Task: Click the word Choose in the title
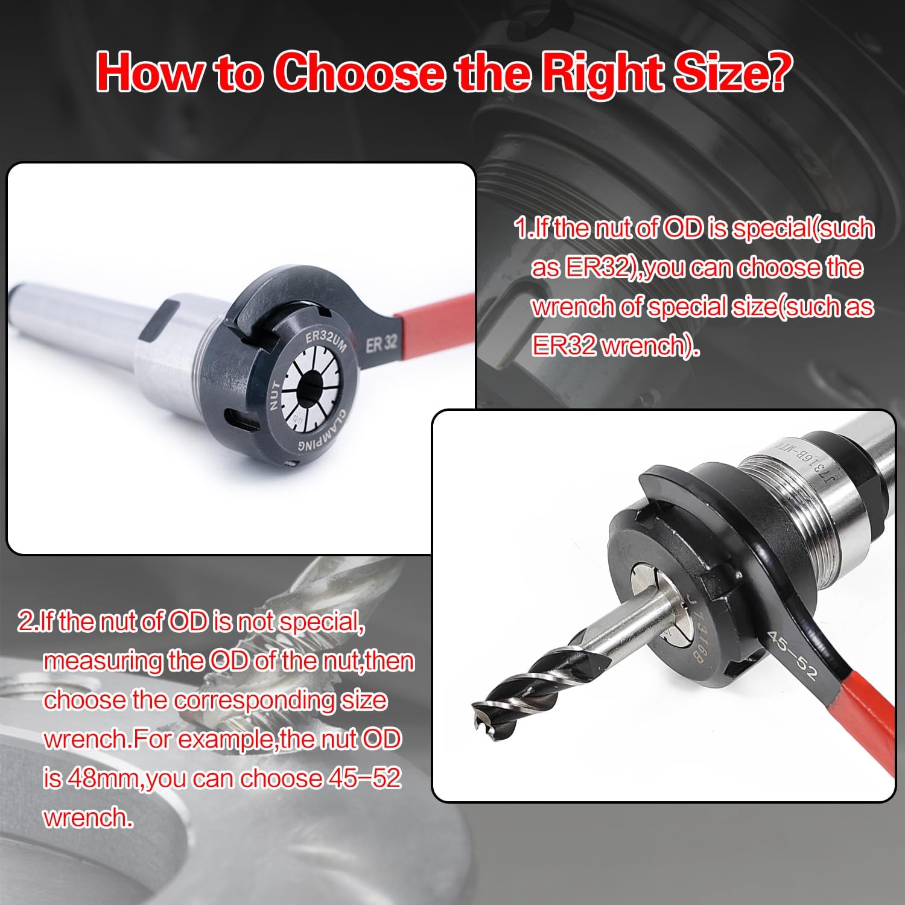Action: click(360, 72)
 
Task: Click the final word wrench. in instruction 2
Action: click(87, 818)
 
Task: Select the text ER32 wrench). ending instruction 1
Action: click(615, 346)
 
